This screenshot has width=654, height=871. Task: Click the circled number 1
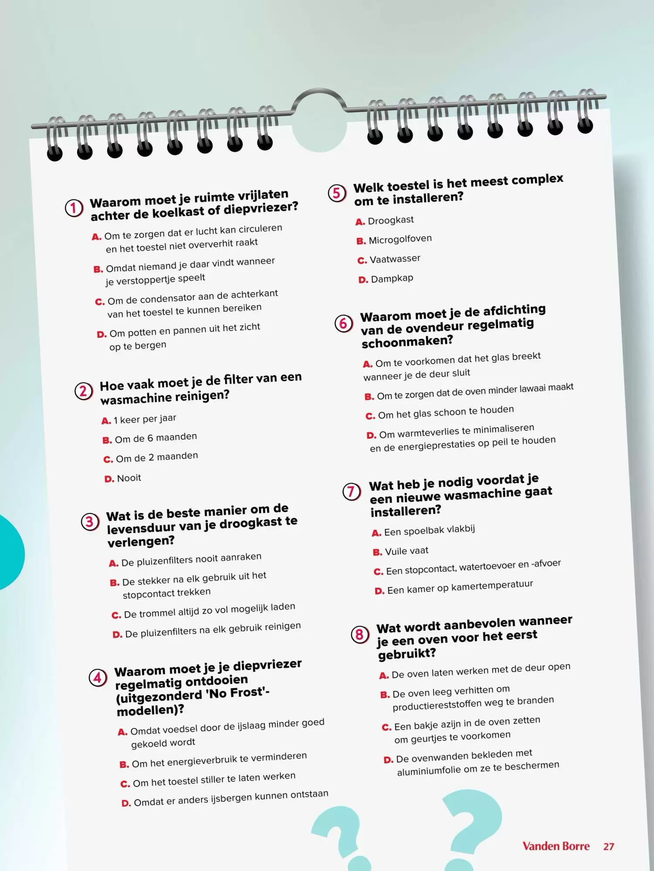coord(74,208)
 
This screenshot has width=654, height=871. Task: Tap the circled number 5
coord(337,193)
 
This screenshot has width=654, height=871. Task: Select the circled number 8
coord(360,635)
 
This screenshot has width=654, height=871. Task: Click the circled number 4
coord(98,678)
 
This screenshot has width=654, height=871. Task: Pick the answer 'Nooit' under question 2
coord(129,478)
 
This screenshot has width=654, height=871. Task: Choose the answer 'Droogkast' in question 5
coord(390,220)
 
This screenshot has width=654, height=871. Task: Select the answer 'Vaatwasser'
coord(395,259)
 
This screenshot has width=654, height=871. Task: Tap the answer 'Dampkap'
coord(392,279)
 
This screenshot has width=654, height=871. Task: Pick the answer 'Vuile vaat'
coord(407,551)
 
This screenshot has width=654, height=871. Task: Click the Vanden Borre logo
coord(556,846)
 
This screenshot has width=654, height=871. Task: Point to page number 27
coord(609,847)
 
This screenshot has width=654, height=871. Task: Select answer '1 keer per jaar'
coord(145,419)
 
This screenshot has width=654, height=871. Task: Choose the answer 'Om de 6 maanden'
coord(156,438)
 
